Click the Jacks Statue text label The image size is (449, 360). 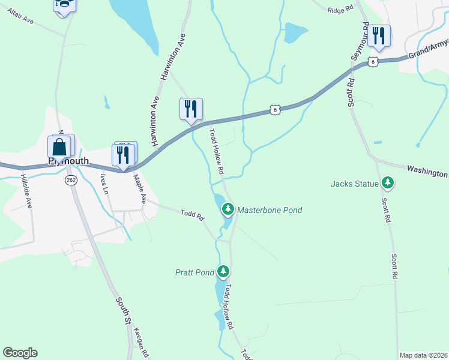(x=355, y=183)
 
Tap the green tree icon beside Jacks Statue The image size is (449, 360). (x=388, y=182)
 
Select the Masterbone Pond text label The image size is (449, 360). (x=270, y=210)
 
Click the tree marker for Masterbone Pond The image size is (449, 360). (x=228, y=209)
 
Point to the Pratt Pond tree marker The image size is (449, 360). (x=223, y=272)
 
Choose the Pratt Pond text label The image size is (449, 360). (x=195, y=272)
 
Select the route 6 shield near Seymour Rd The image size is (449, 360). (x=373, y=62)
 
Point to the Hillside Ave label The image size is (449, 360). (x=27, y=191)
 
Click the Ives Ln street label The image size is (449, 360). (x=105, y=182)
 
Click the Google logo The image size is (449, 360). (x=20, y=353)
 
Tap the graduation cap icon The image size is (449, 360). (x=64, y=5)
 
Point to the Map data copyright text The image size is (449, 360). (x=423, y=355)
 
